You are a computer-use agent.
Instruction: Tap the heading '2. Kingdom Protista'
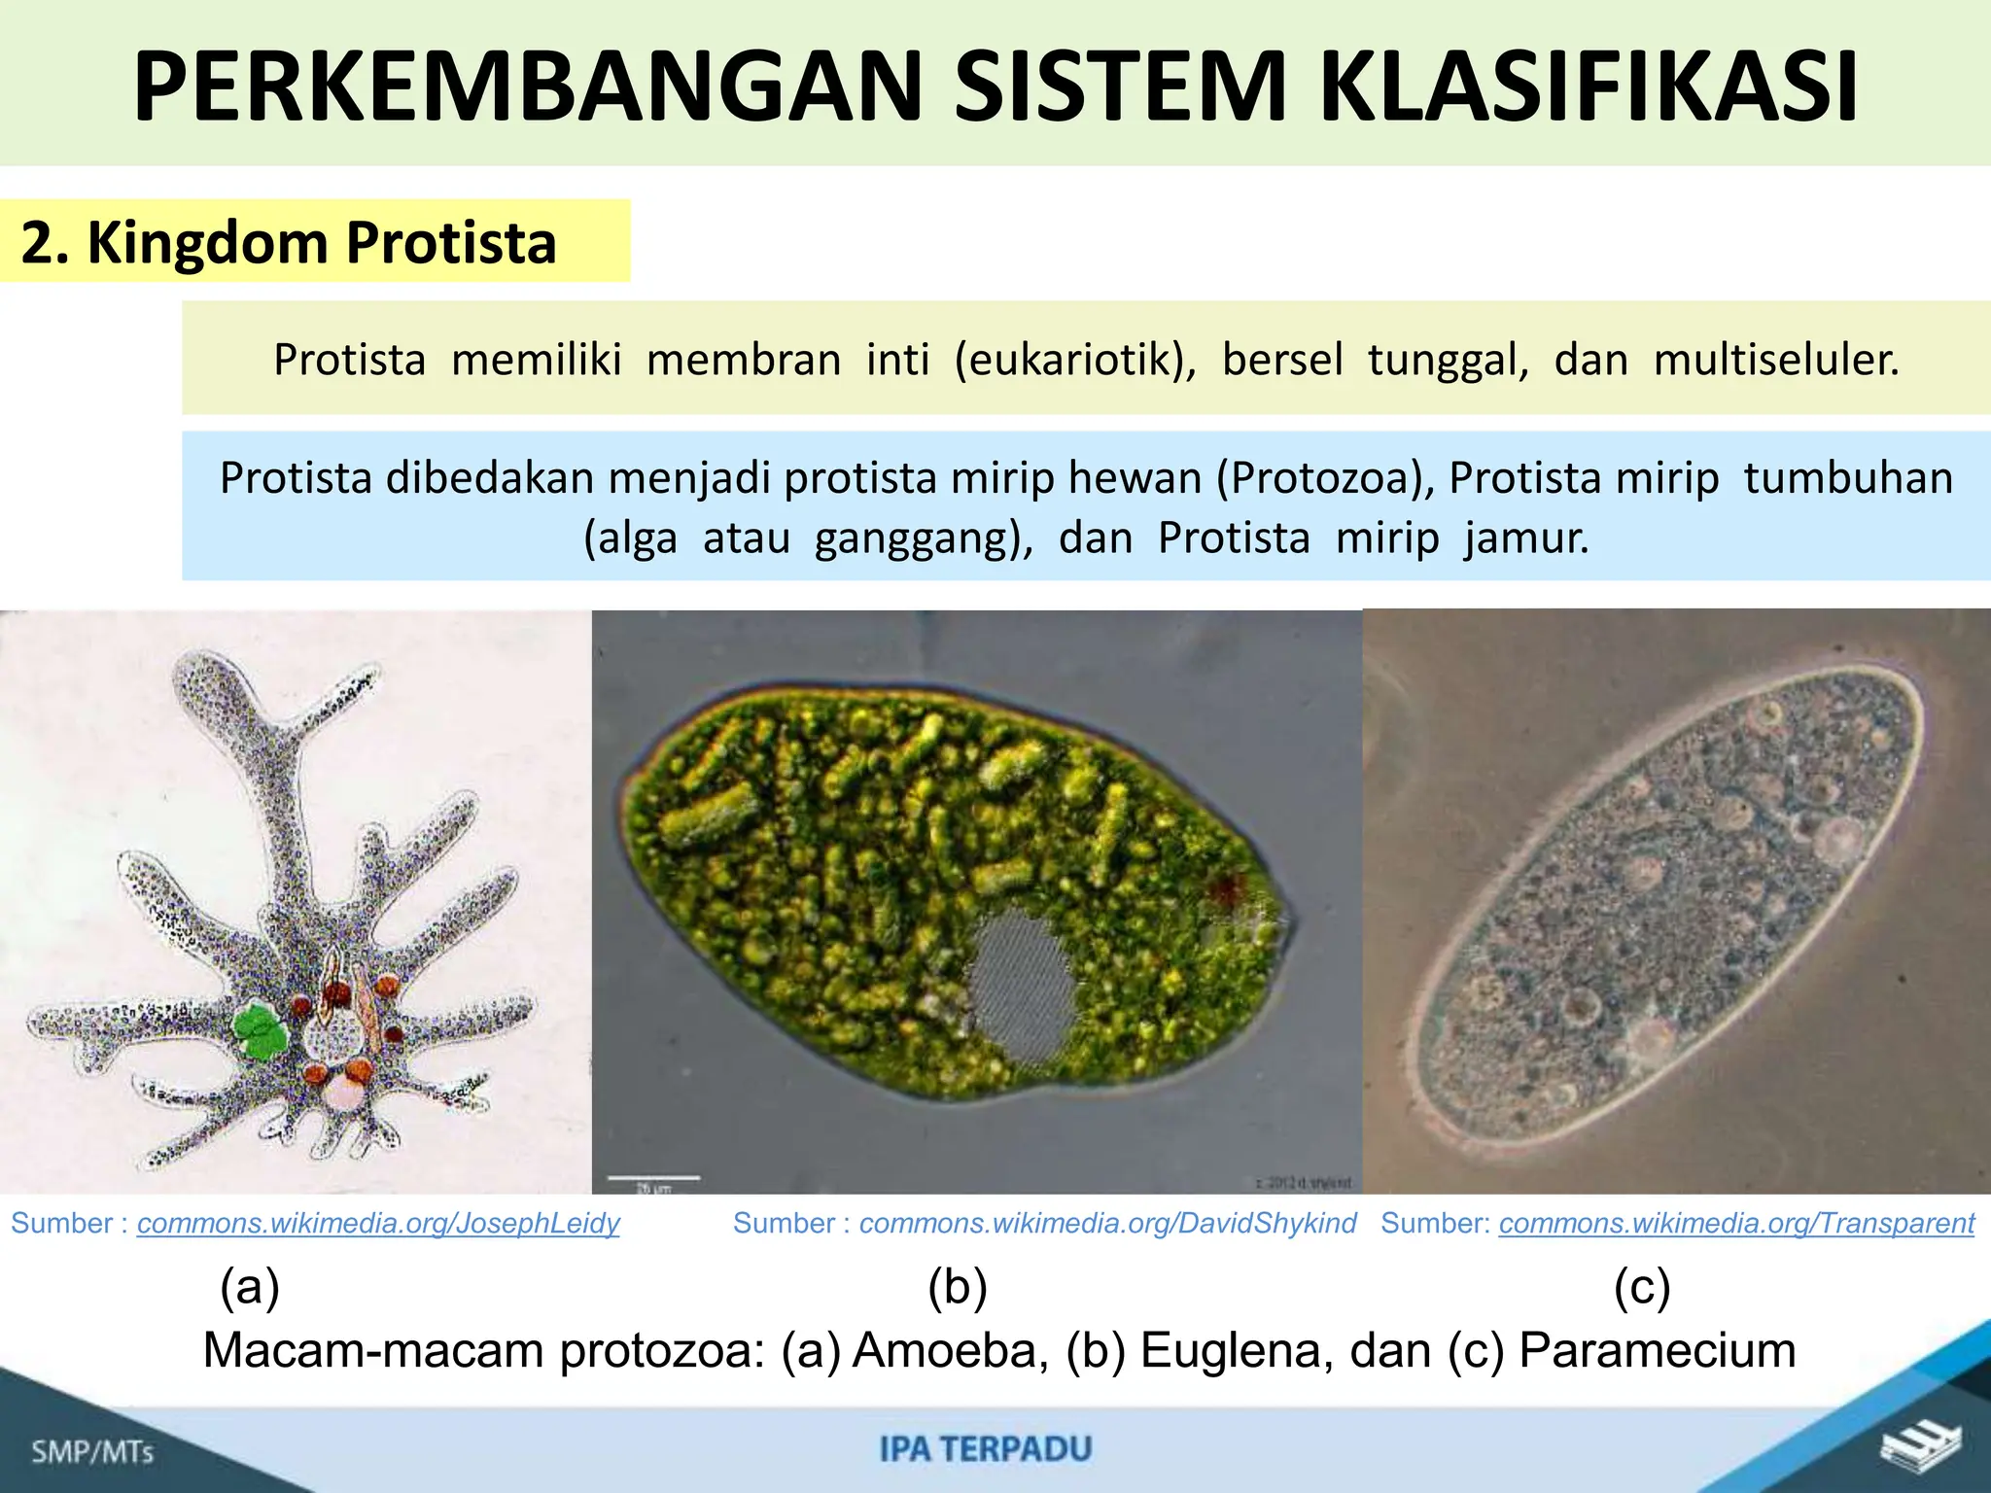pyautogui.click(x=288, y=242)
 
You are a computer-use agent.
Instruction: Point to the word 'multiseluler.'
pyautogui.click(x=1776, y=360)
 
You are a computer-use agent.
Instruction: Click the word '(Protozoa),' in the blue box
pyautogui.click(x=1325, y=478)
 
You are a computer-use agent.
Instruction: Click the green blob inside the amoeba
pyautogui.click(x=261, y=1031)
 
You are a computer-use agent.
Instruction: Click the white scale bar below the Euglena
pyautogui.click(x=654, y=1178)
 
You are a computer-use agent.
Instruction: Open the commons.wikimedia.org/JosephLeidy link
pyautogui.click(x=378, y=1223)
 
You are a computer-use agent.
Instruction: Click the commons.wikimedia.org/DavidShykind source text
pyautogui.click(x=1107, y=1223)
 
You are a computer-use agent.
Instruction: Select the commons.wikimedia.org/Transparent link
pyautogui.click(x=1736, y=1223)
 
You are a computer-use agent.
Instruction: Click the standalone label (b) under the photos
pyautogui.click(x=958, y=1287)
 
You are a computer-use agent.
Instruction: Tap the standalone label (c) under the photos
pyautogui.click(x=1642, y=1287)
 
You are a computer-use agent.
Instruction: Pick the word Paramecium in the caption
pyautogui.click(x=1657, y=1350)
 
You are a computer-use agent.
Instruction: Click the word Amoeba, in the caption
pyautogui.click(x=950, y=1350)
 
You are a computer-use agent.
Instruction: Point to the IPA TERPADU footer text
pyautogui.click(x=986, y=1449)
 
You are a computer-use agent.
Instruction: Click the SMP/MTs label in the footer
pyautogui.click(x=92, y=1452)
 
